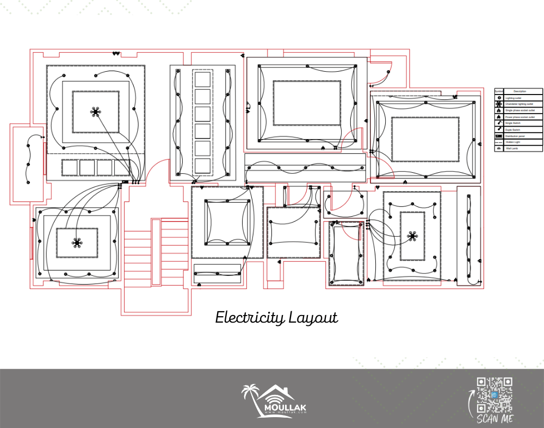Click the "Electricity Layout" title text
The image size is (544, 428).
(276, 317)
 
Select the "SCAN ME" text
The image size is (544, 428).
(494, 419)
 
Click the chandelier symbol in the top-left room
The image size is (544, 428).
(96, 112)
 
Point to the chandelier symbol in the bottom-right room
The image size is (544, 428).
(412, 236)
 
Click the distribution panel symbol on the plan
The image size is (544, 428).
(125, 182)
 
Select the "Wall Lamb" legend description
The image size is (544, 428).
(512, 148)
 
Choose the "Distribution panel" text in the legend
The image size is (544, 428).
(516, 136)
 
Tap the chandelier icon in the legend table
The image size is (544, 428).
(498, 104)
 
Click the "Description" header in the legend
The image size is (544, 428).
(520, 91)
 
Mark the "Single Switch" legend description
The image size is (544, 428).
(514, 123)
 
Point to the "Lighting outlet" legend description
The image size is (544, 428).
(515, 98)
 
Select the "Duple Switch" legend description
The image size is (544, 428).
(514, 129)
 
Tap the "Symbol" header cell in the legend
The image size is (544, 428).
(498, 91)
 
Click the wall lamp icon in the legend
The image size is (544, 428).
(498, 148)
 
